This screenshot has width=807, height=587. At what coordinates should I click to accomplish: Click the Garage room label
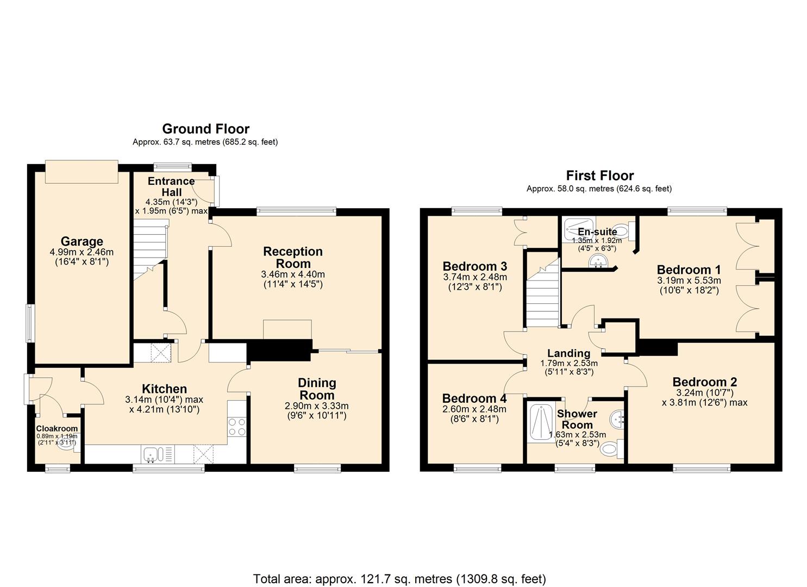coord(82,241)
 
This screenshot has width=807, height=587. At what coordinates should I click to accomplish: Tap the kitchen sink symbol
coord(150,454)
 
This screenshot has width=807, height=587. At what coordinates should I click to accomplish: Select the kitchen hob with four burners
coord(237,426)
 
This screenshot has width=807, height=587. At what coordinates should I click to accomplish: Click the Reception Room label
coord(293,257)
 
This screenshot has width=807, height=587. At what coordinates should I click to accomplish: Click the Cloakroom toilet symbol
coord(65,446)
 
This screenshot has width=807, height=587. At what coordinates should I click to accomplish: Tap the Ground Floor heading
coord(205,129)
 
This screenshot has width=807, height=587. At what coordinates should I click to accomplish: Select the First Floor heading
coord(599,176)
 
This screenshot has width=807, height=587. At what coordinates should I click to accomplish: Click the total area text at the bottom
coord(399,578)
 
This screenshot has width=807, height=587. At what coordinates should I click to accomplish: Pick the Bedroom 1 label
coord(689,270)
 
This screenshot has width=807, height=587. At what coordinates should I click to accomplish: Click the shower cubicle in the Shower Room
coord(539,423)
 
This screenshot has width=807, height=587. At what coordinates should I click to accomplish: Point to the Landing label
coord(568,353)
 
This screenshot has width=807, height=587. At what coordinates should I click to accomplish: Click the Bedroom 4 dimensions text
coord(474,414)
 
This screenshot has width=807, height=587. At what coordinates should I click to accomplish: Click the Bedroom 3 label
coord(474,266)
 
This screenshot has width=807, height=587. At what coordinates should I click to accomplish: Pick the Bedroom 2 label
coord(704,382)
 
